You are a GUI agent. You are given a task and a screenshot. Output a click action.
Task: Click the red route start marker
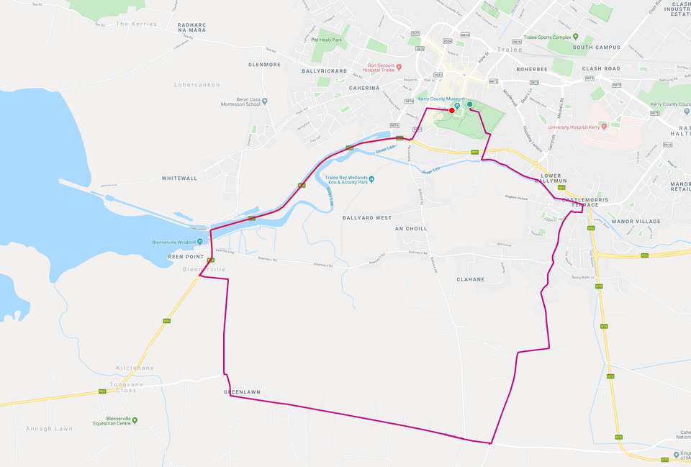pos(451,110)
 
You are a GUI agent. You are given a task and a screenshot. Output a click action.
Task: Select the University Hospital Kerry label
pos(574,126)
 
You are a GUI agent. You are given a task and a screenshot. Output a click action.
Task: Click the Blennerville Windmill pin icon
pos(200,242)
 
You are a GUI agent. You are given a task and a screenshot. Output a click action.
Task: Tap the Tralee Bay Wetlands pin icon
pos(371,179)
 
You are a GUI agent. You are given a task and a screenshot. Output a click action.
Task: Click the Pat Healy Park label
pos(325,40)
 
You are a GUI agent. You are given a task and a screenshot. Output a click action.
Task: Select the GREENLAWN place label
pos(242,392)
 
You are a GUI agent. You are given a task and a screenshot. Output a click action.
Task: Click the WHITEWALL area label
pos(179,178)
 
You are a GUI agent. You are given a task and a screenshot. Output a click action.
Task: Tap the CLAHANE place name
pos(470,279)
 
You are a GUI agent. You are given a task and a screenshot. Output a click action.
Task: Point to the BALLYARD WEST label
pos(367,217)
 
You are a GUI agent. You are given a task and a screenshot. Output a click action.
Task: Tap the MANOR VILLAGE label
pos(636,222)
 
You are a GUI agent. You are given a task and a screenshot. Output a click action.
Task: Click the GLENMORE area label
pos(264,65)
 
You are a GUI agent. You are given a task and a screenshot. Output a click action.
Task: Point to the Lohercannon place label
pos(197,85)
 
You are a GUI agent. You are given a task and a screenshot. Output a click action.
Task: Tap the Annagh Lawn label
pos(50,429)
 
